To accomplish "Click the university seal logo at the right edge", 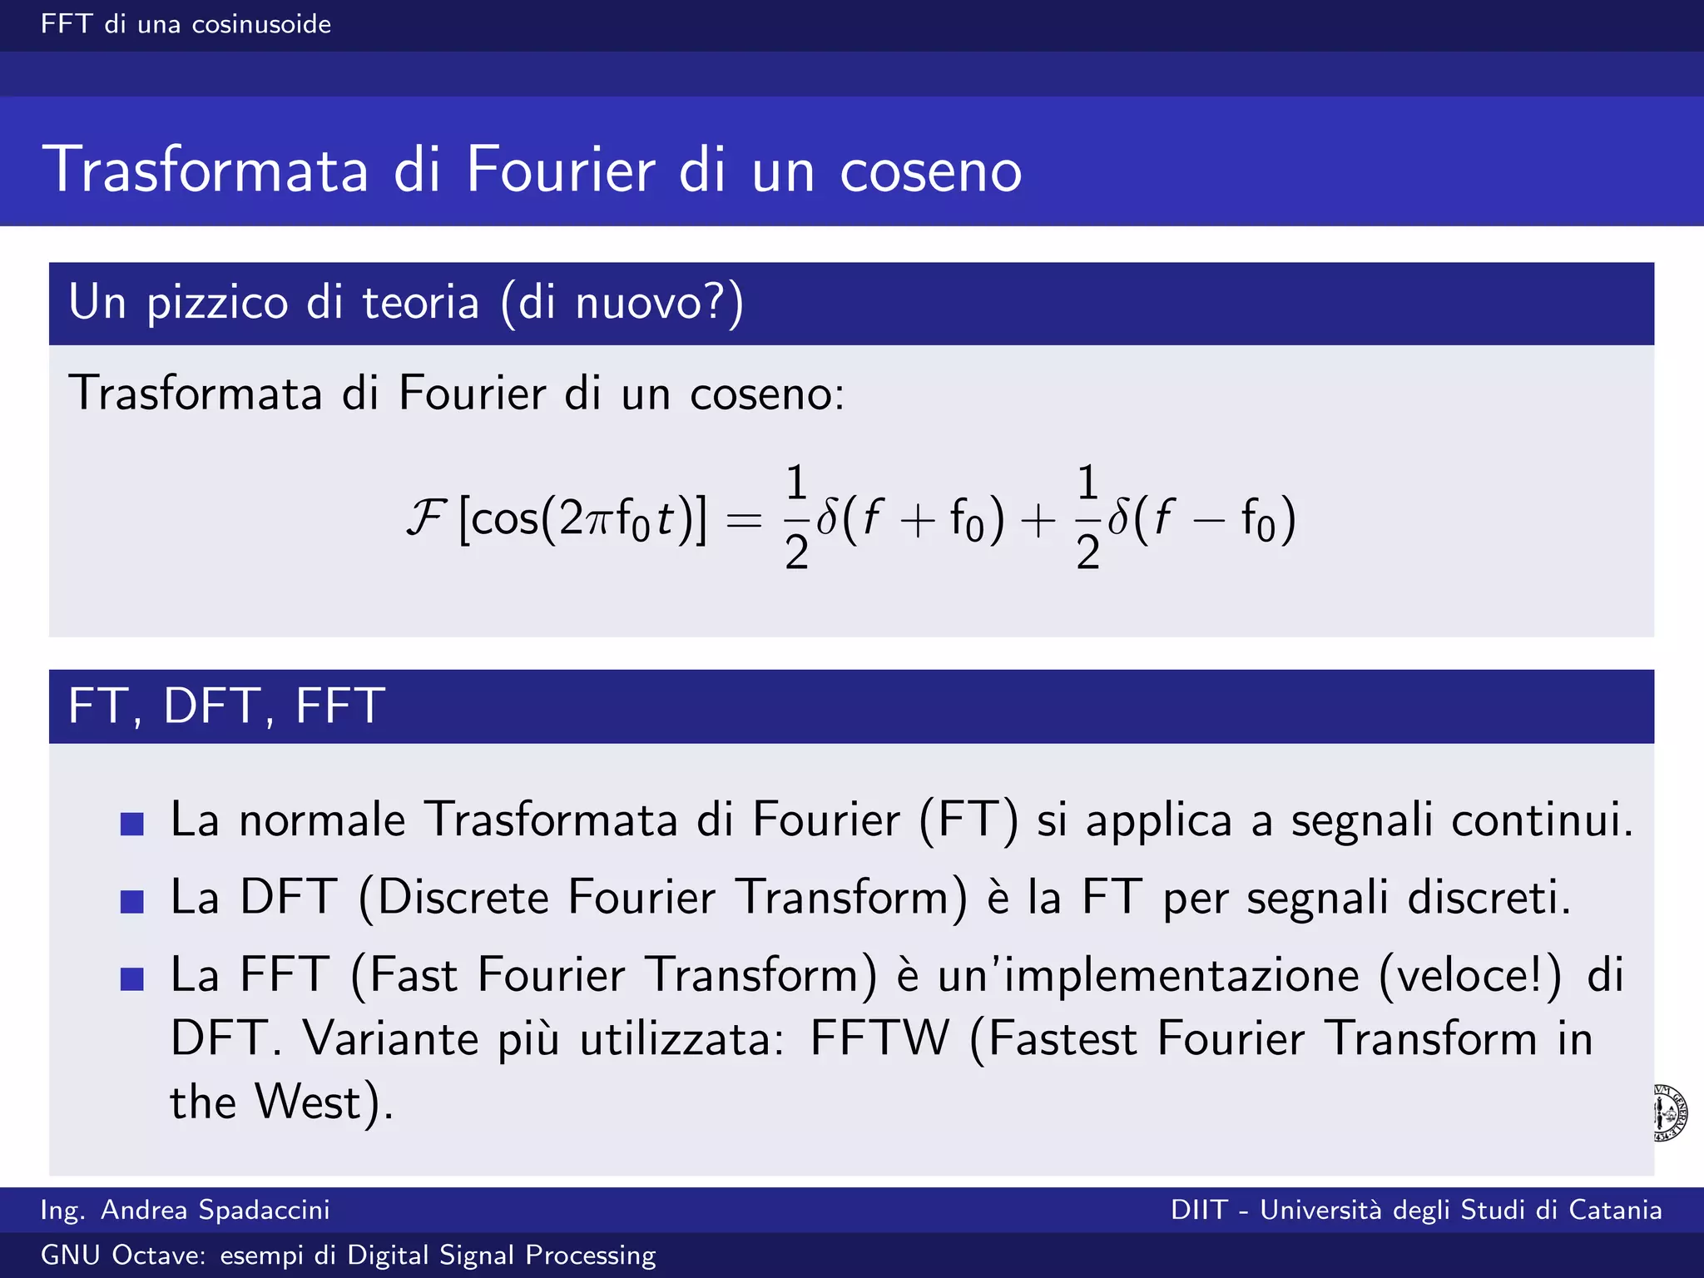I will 1671,1112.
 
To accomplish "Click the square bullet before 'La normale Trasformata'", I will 132,824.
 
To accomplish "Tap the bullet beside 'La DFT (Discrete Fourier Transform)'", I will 132,901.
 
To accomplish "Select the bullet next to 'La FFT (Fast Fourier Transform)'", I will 132,978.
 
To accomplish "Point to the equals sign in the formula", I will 744,521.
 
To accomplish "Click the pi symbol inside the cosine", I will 598,520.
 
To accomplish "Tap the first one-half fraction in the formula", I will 796,517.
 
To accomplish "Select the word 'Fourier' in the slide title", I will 560,170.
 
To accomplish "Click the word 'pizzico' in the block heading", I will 219,303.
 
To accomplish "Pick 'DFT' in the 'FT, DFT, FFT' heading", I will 212,706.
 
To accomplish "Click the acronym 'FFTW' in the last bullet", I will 879,1038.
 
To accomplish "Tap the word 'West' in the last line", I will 307,1102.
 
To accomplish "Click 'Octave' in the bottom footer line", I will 158,1255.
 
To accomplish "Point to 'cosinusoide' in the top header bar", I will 261,24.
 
